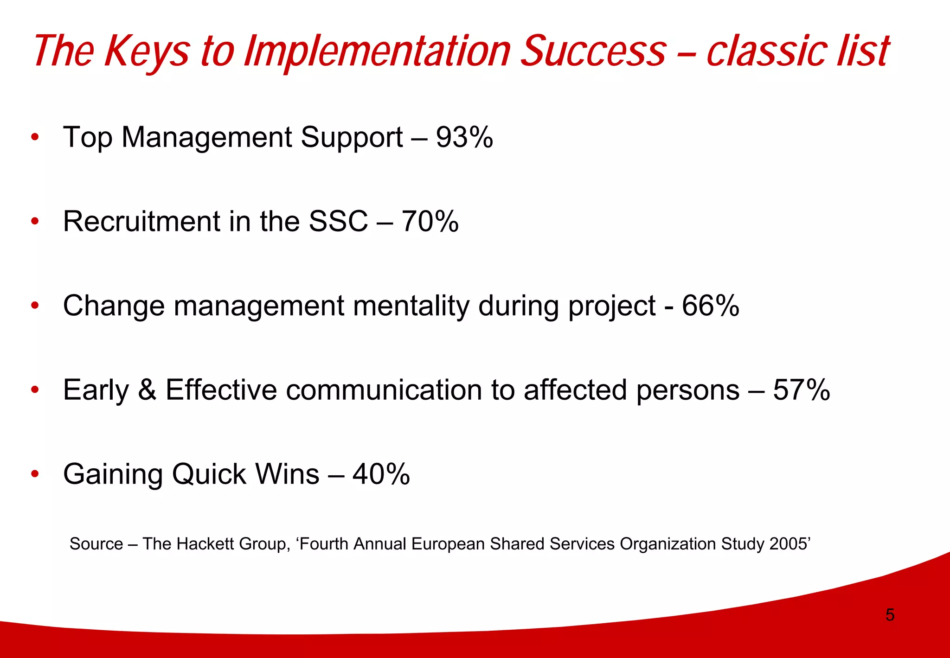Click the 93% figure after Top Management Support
coord(464,138)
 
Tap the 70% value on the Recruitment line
coord(430,222)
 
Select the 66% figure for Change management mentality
coord(710,306)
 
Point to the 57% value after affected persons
coord(801,390)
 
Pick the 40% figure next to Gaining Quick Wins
coord(381,474)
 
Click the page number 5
coord(890,615)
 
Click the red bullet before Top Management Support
coord(35,137)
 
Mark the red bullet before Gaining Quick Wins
coord(35,474)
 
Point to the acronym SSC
coord(338,222)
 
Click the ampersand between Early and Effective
coord(147,390)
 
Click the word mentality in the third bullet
coord(411,306)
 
